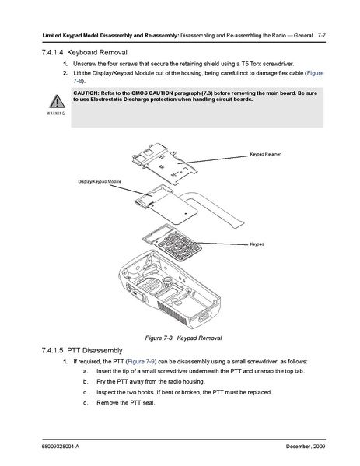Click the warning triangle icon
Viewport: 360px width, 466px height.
57,101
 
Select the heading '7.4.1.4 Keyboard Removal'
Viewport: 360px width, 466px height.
84,53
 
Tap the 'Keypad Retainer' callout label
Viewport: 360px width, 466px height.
265,154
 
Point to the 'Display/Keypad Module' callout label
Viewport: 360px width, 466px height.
100,181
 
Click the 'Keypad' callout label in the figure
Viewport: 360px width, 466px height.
257,244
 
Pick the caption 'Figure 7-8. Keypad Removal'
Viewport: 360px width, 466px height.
183,338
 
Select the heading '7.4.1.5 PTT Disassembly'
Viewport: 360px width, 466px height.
82,350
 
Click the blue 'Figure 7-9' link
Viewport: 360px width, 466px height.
141,362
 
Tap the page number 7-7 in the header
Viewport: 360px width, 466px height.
322,36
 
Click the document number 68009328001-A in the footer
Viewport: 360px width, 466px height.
61,447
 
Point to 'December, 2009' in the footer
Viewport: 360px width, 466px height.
306,447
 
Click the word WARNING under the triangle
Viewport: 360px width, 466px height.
56,114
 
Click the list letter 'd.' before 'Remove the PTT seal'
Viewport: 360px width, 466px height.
86,403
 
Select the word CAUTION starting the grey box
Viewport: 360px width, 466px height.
86,93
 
